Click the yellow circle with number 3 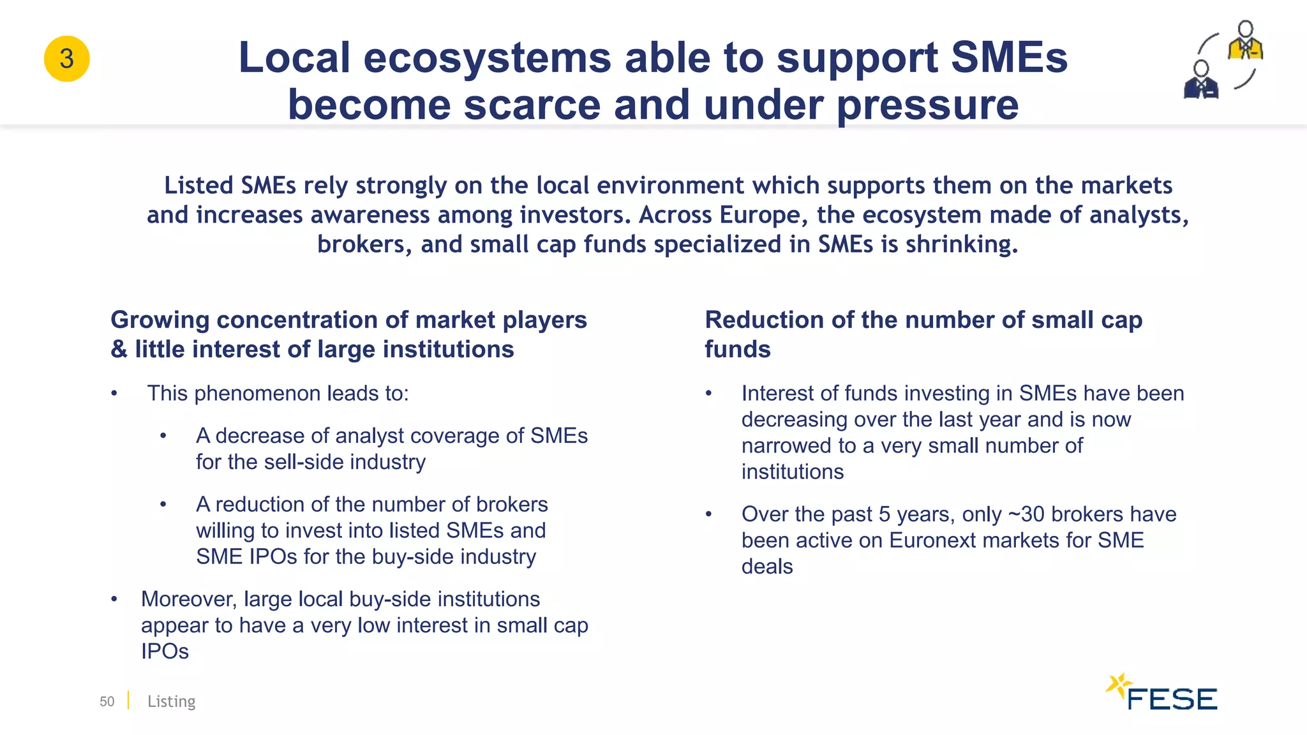[x=66, y=59]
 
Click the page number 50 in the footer [x=107, y=701]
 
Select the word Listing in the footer [x=171, y=701]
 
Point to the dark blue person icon [x=1201, y=80]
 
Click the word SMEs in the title [x=1009, y=57]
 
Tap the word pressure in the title [x=927, y=105]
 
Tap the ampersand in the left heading [x=119, y=350]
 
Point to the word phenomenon [x=258, y=394]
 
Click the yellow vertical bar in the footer [x=128, y=701]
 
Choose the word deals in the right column [x=767, y=567]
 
